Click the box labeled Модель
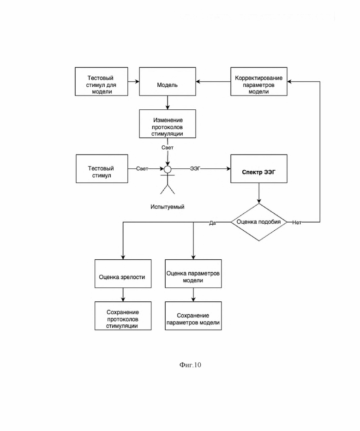click(168, 82)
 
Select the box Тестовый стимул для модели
click(102, 82)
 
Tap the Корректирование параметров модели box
click(259, 82)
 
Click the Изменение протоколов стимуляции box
click(168, 124)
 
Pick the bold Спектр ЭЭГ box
click(259, 169)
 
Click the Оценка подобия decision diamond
click(259, 222)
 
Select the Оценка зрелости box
click(123, 274)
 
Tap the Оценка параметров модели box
click(193, 274)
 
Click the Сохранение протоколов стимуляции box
click(123, 316)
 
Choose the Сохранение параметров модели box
click(193, 316)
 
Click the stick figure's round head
click(168, 169)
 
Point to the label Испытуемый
click(167, 207)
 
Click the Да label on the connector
click(212, 223)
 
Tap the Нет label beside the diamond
click(297, 222)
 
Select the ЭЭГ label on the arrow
click(195, 168)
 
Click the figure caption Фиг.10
click(190, 365)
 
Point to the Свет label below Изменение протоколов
click(168, 148)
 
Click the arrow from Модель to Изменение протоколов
click(168, 103)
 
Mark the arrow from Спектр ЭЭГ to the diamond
click(259, 193)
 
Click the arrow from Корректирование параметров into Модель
click(213, 82)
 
